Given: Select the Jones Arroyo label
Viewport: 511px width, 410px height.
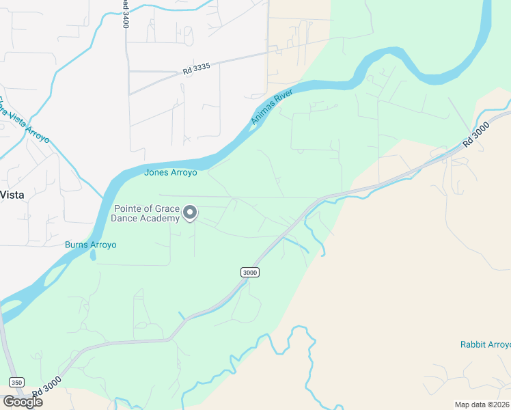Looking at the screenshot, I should coord(170,173).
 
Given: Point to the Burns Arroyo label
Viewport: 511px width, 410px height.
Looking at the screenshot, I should coord(91,245).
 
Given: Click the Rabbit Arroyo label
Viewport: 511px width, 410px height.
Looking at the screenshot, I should coord(485,344).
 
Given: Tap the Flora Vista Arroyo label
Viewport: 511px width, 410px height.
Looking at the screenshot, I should coord(23,120).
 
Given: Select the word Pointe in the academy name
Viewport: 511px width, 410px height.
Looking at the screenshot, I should coord(128,208).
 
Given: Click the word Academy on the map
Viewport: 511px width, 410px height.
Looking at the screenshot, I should coord(161,219).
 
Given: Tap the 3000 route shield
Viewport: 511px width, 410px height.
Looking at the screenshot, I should coord(250,272).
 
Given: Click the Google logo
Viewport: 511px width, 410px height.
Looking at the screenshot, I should coord(23,402).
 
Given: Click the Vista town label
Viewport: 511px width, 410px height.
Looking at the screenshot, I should coord(12,194).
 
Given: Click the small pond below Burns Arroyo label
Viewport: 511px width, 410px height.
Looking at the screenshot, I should coord(92,256).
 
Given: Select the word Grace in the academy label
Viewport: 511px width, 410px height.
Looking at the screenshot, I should coord(168,208).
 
